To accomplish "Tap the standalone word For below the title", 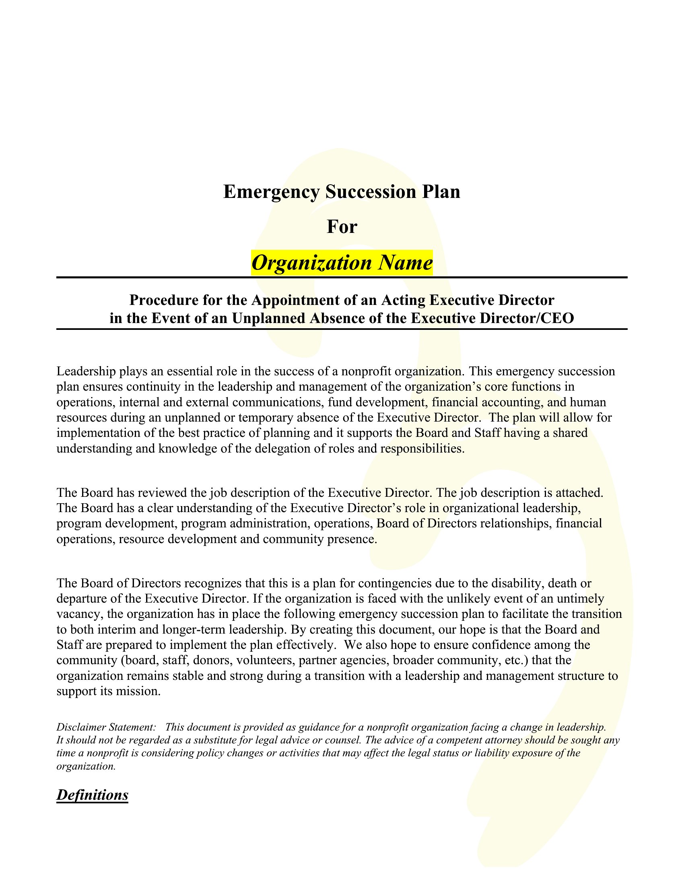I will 342,227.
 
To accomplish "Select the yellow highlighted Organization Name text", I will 342,263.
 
